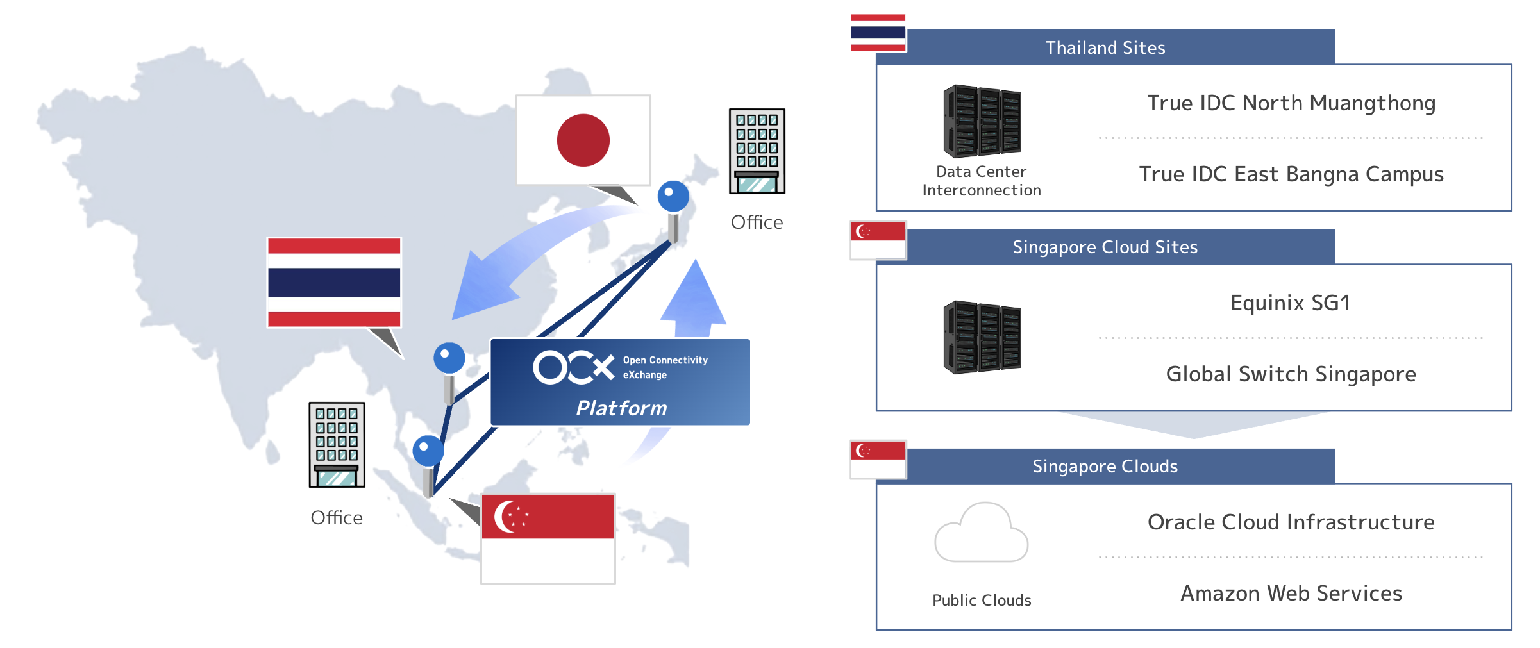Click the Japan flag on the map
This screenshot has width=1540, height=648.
[x=583, y=140]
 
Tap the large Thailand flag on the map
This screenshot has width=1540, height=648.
[x=334, y=283]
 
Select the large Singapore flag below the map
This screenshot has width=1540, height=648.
[x=548, y=538]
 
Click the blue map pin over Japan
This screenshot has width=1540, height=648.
[x=673, y=196]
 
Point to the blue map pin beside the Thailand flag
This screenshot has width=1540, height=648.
[x=449, y=358]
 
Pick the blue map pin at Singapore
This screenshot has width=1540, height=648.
[x=428, y=451]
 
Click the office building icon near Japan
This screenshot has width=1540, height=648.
[x=757, y=151]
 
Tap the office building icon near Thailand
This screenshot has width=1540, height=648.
[x=337, y=445]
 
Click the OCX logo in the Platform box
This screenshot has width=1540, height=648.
[x=573, y=367]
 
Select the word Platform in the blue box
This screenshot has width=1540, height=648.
[x=621, y=408]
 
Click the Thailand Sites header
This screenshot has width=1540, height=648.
[x=1105, y=47]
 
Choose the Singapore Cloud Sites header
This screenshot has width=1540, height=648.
[x=1105, y=247]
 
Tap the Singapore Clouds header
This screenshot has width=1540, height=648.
[x=1105, y=467]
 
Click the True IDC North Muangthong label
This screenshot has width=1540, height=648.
[x=1291, y=103]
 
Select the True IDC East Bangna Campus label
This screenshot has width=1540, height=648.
[x=1291, y=174]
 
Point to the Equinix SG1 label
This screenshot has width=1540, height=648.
[x=1290, y=303]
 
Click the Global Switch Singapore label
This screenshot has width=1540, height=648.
[x=1291, y=374]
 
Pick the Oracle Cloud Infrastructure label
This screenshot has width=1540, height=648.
[x=1291, y=522]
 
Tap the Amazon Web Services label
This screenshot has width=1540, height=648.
[x=1291, y=594]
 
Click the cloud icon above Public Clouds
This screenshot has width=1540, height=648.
[x=981, y=533]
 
